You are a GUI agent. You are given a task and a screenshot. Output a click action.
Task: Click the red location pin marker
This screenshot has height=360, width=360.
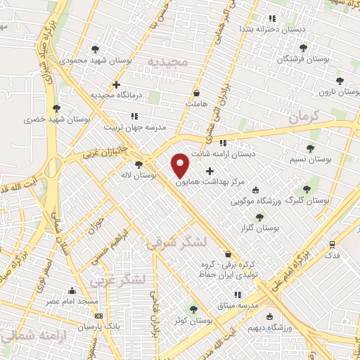tap(181, 165)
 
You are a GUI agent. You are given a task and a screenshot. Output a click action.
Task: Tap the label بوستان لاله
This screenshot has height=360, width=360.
tap(138, 174)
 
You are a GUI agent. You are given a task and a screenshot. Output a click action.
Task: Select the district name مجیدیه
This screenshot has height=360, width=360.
tap(169, 62)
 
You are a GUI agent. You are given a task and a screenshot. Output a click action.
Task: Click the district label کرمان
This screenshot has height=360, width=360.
tap(304, 116)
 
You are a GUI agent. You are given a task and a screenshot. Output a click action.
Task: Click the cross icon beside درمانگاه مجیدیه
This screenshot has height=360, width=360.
tap(116, 84)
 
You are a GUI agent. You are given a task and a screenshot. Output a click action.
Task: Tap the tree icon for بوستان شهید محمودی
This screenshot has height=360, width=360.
tap(95, 49)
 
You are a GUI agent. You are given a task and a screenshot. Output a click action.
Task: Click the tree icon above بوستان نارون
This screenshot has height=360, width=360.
tap(340, 81)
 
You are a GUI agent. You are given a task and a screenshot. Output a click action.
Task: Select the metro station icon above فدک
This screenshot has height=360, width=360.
tap(332, 244)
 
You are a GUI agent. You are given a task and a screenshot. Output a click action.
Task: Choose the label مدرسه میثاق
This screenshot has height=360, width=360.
tap(238, 306)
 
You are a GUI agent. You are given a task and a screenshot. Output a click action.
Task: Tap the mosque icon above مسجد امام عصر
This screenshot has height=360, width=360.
tap(72, 290)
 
